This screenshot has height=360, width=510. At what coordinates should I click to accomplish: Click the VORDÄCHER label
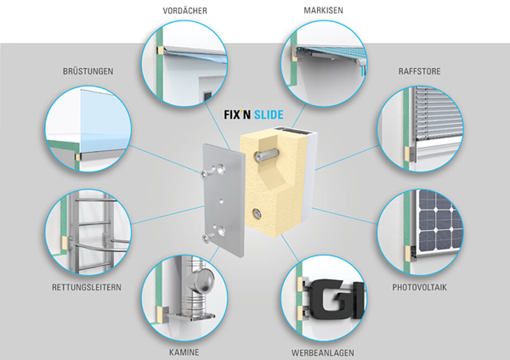(184, 10)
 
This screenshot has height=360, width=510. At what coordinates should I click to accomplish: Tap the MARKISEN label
(323, 10)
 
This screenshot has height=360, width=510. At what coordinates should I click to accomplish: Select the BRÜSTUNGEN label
(88, 71)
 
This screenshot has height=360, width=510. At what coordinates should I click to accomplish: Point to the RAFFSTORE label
(419, 71)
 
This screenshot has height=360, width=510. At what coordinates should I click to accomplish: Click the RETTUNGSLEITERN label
(87, 287)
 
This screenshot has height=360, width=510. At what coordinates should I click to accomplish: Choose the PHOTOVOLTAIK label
(419, 287)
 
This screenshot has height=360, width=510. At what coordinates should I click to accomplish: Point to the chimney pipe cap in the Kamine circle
(202, 280)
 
